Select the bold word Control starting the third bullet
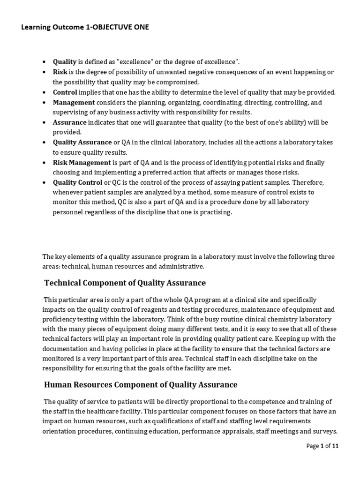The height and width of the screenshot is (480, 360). (65, 92)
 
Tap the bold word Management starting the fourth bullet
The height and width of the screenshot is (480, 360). (74, 102)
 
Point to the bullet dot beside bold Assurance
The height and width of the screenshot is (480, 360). (44, 122)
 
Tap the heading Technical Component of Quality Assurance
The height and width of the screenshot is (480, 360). (125, 283)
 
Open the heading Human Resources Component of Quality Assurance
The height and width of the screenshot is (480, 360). (141, 385)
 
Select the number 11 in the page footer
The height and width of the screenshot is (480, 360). (335, 446)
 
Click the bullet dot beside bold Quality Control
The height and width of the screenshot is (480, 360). (44, 183)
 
